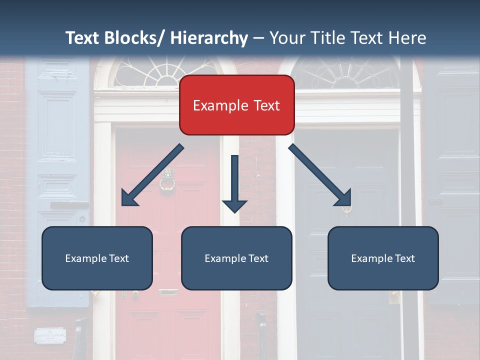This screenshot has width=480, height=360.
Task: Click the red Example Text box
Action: coord(236,105)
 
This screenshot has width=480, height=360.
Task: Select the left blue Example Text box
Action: coord(97,258)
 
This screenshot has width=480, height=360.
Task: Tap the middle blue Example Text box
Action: coord(236,258)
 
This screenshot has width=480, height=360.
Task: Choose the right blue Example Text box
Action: coord(383,258)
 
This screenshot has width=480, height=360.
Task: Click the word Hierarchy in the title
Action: coord(209,38)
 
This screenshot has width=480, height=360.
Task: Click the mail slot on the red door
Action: coord(168,292)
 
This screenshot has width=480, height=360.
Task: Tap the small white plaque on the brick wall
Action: coord(50,335)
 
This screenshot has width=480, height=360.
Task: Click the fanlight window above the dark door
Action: coord(347,73)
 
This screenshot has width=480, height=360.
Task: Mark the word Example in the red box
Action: coord(214,105)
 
